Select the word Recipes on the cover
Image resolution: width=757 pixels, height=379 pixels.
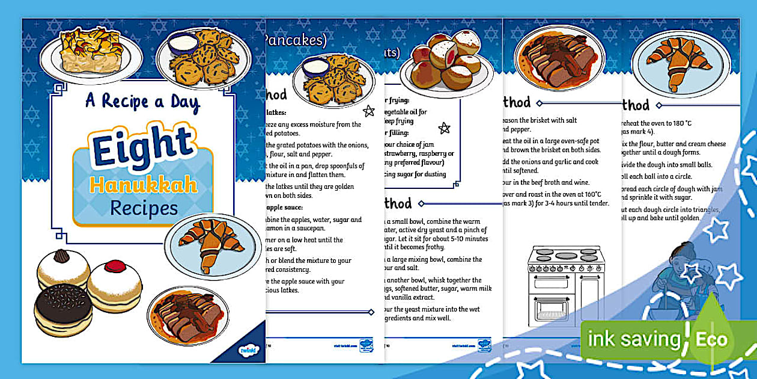pos(144,208)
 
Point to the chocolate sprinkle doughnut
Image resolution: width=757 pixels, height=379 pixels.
pos(63,309)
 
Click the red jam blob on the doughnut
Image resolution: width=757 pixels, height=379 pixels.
pos(113,266)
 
